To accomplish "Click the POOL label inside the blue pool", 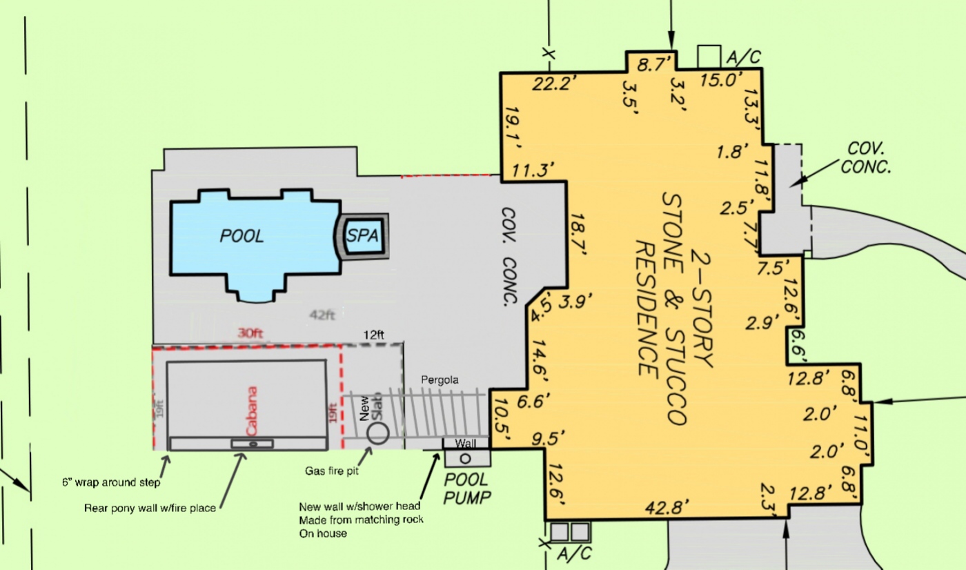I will [x=241, y=236].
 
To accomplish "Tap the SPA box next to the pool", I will [x=363, y=235].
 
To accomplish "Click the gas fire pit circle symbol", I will [x=378, y=433].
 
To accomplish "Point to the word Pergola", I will [x=440, y=380].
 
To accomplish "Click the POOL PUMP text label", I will [x=468, y=488].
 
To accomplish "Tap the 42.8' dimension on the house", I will [x=667, y=508].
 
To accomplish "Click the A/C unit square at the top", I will [x=709, y=56].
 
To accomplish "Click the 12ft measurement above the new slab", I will [x=374, y=334].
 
